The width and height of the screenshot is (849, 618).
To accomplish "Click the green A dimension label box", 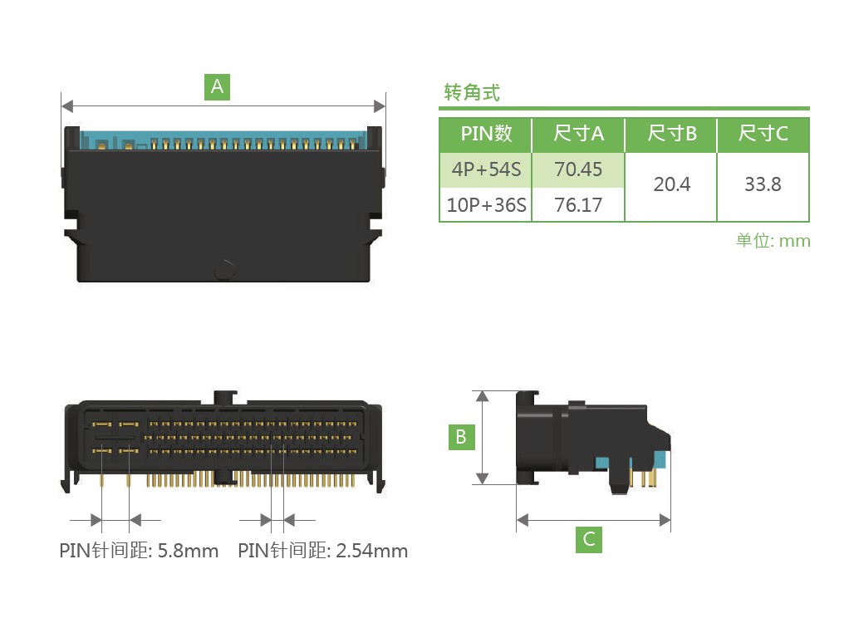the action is tap(217, 87).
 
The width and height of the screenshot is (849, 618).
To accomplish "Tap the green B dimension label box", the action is tap(461, 437).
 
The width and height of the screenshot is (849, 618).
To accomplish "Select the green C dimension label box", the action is tap(589, 539).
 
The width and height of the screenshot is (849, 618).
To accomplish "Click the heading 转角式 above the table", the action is tap(472, 93).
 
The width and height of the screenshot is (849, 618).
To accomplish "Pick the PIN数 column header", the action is tap(486, 133).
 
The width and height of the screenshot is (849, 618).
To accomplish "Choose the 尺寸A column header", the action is tap(578, 133).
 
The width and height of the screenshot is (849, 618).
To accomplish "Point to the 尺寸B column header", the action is tap(671, 133).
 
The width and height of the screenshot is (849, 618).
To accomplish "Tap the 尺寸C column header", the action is tap(763, 133).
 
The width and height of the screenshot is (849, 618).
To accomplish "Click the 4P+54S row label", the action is tap(486, 169).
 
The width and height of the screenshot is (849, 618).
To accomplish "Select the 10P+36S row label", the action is tap(486, 205).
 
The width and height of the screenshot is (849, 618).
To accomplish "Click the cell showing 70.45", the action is tap(578, 169).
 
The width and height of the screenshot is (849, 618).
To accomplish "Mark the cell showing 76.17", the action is tap(578, 205).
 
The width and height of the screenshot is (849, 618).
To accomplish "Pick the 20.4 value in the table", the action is tap(672, 184).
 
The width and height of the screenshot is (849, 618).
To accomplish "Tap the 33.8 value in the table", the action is tap(763, 184).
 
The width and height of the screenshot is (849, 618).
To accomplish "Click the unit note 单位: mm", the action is tap(773, 241).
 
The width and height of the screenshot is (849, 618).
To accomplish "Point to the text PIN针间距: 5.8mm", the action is tap(139, 551).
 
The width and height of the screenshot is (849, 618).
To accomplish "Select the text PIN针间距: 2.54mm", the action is tap(322, 551).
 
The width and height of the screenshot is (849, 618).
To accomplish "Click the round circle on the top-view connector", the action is tap(224, 270).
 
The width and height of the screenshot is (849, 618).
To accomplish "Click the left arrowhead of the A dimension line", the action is tap(67, 106).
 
